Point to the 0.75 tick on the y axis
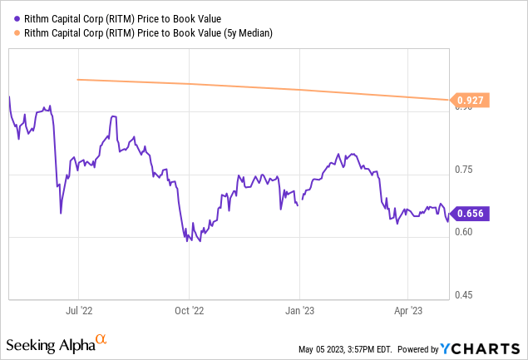(x=463, y=170)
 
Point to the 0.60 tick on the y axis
(x=463, y=232)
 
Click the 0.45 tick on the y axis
(x=463, y=295)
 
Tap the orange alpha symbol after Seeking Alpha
(x=101, y=340)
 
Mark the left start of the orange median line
(x=77, y=80)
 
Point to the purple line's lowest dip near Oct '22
(x=188, y=240)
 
